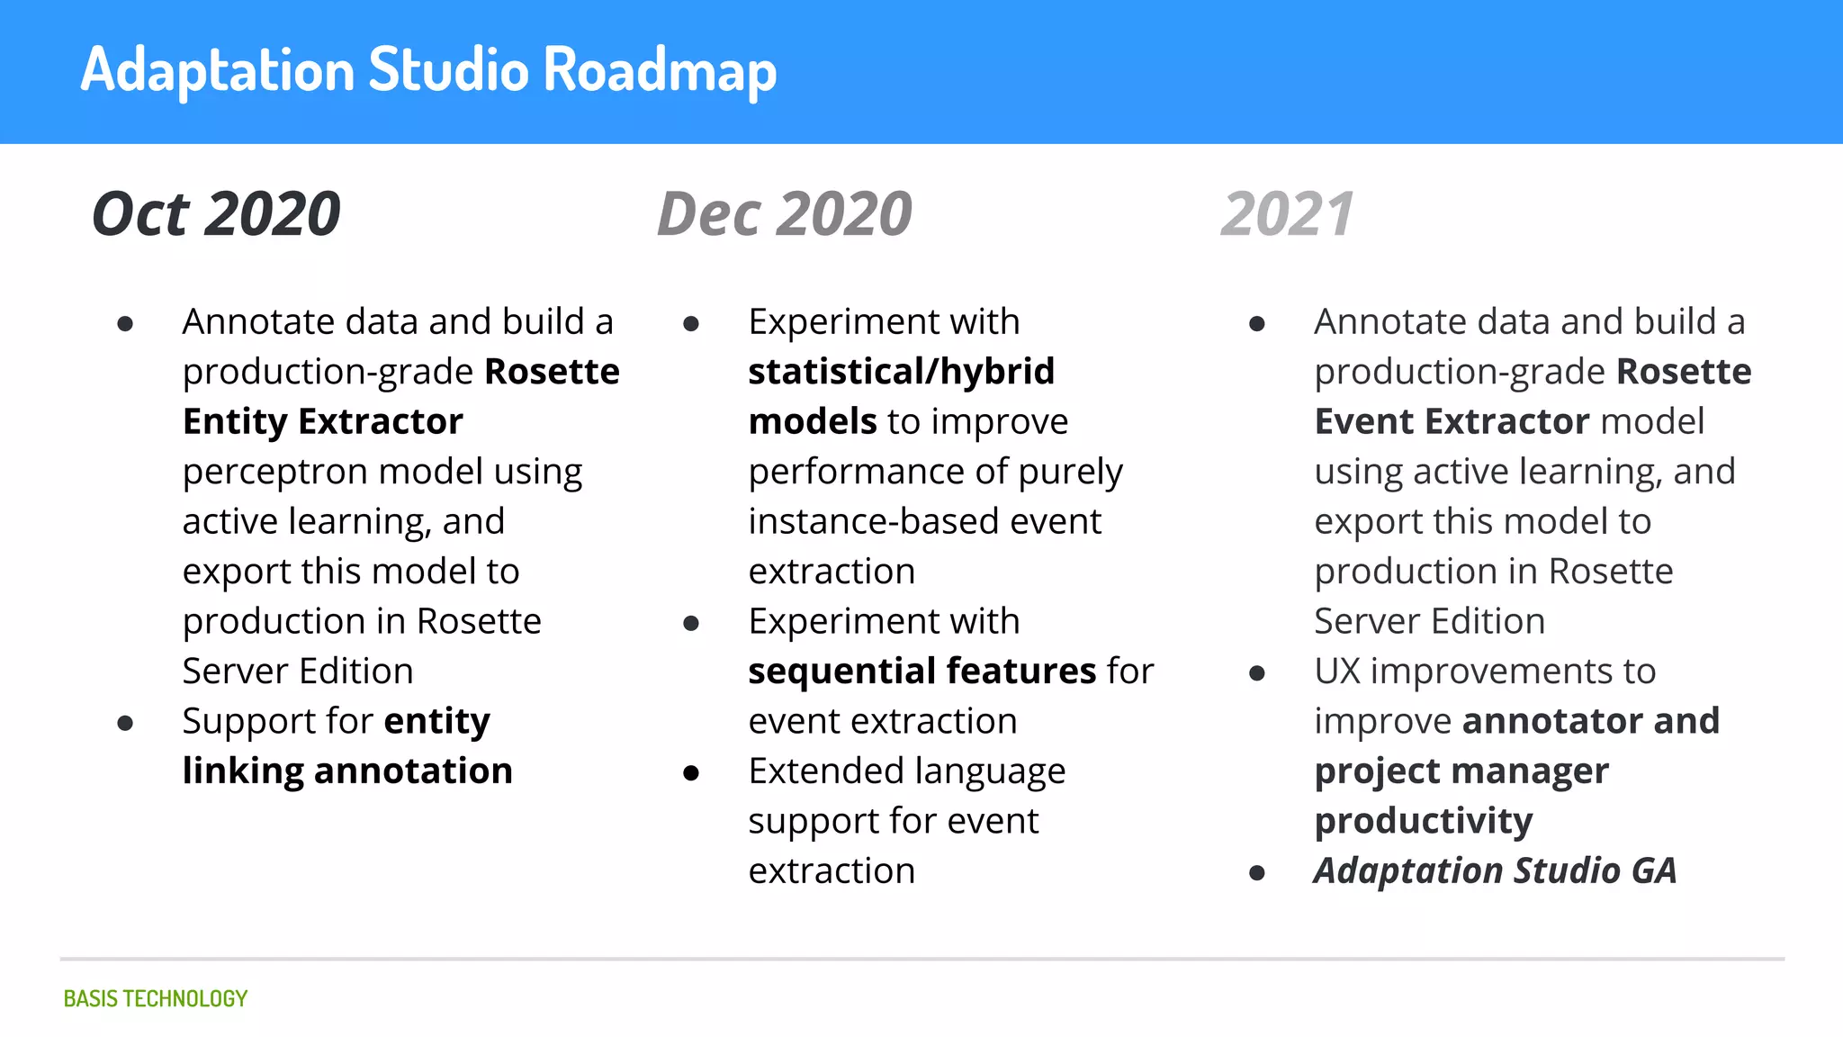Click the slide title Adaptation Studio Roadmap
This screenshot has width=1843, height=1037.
pos(428,70)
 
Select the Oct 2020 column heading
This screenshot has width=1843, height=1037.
pos(216,214)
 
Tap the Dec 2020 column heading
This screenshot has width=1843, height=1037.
pos(785,214)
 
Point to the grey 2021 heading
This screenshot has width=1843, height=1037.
pos(1287,214)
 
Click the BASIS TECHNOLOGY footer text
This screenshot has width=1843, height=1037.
pos(155,998)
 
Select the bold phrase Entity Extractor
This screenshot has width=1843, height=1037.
pos(322,421)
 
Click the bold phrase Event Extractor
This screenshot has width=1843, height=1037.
pos(1452,421)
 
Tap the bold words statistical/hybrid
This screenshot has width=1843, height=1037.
pos(901,372)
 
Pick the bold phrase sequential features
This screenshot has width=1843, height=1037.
pos(921,672)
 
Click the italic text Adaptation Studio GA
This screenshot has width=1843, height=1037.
pos(1495,870)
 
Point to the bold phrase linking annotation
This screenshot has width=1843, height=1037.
pos(347,771)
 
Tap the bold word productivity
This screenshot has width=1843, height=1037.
pos(1423,821)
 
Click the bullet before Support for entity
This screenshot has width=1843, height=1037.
pos(126,723)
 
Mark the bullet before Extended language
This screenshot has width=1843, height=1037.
pos(691,773)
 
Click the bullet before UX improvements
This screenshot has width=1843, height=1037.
pos(1257,673)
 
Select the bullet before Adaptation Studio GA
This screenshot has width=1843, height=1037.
pos(1257,872)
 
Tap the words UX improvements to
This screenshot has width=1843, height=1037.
pos(1484,672)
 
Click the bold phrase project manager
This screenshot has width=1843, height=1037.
pos(1461,771)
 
